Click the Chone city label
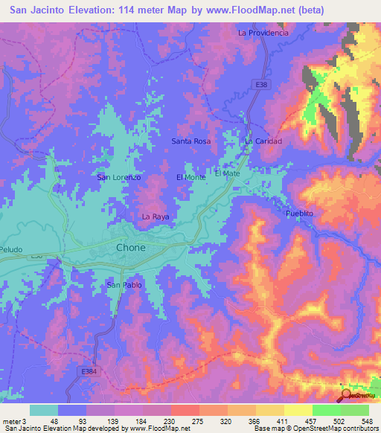coord(130,248)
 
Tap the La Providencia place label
coord(262,33)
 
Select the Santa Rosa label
coord(191,141)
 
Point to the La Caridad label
coord(261,141)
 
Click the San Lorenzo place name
coord(119,177)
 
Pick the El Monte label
coord(190,177)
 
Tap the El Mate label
coord(227,173)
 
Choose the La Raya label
coord(155,216)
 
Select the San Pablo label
coord(123,284)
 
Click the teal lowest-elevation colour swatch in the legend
coord(43,410)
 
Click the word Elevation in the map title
coord(82,10)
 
